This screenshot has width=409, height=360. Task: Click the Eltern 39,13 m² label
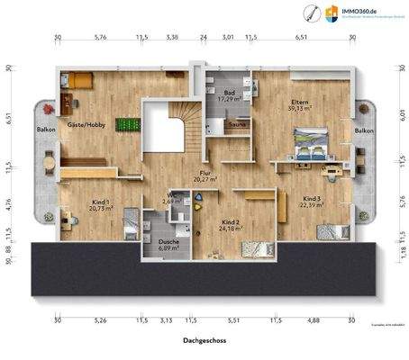300,104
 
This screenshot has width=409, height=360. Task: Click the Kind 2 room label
231,225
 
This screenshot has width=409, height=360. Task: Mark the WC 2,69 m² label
171,200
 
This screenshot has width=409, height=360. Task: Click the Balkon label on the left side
46,130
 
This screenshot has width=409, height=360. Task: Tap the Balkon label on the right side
364,131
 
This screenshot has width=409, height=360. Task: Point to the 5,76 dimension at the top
100,38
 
